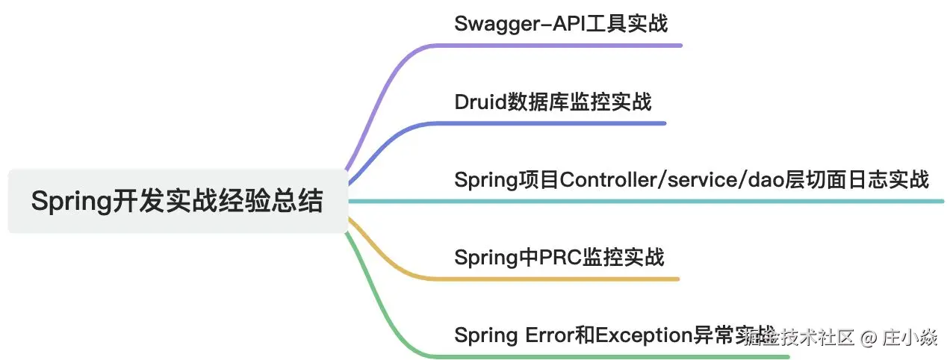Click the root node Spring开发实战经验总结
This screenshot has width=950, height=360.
178,202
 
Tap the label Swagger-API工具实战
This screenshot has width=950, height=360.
560,23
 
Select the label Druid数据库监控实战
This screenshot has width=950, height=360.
553,101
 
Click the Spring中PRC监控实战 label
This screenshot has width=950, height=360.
559,258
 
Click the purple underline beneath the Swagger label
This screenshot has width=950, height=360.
568,46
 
